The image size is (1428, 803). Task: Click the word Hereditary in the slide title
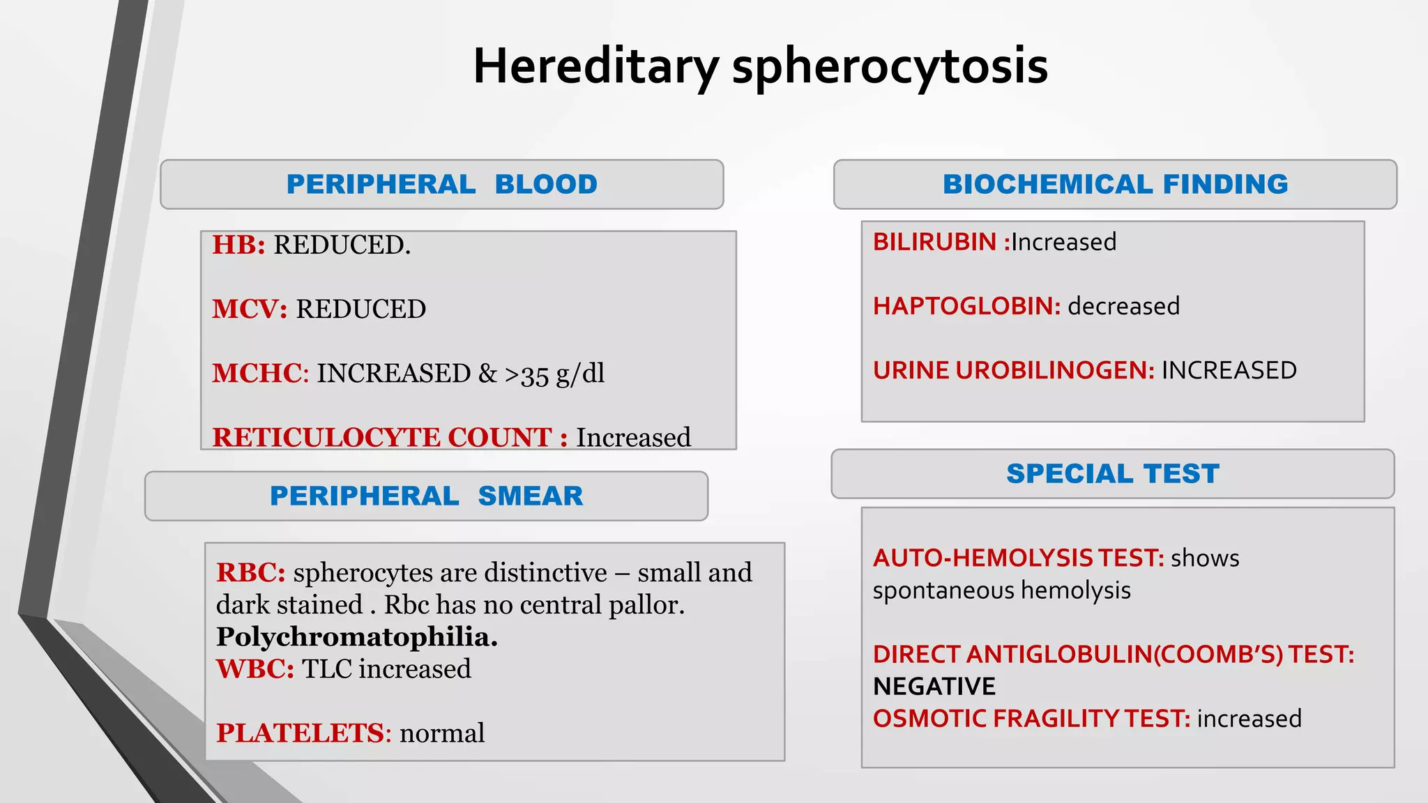[595, 67]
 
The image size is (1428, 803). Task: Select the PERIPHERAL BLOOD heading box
[441, 185]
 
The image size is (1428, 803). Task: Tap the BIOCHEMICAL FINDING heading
[1115, 185]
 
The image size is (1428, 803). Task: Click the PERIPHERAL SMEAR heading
[426, 496]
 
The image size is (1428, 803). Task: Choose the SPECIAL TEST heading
[1113, 474]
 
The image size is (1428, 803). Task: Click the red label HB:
[238, 245]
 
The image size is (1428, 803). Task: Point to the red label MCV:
[250, 309]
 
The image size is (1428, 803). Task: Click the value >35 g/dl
[554, 374]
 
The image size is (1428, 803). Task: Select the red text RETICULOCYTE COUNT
[382, 438]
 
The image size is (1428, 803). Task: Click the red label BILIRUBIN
[934, 243]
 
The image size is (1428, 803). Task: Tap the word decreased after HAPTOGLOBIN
[1123, 307]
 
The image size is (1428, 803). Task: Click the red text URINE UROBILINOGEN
[1013, 371]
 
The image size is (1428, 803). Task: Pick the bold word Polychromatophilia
[357, 637]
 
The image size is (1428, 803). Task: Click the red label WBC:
[255, 669]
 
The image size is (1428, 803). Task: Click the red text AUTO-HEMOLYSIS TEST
[1018, 558]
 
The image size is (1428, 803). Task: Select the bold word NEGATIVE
[934, 687]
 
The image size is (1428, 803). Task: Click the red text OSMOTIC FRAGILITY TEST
[1031, 719]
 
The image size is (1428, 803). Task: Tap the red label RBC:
[250, 573]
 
